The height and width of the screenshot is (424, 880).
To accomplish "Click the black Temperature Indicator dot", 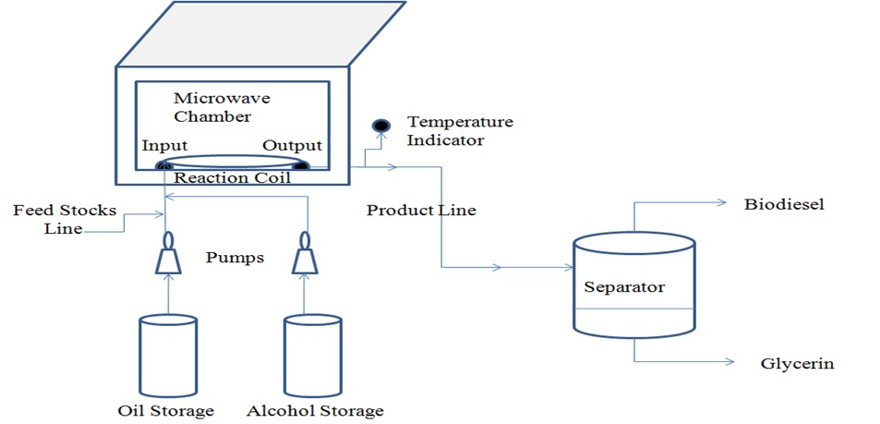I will (x=379, y=126).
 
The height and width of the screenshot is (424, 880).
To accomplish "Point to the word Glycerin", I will (x=796, y=363).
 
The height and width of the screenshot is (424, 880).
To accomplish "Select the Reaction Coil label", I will (x=233, y=178).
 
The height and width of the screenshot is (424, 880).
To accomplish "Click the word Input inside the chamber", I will (x=165, y=146).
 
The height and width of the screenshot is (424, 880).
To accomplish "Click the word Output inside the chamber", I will (x=293, y=146).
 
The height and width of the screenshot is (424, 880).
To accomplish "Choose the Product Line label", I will (x=421, y=211).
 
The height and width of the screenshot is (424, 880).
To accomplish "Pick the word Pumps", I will (x=235, y=258).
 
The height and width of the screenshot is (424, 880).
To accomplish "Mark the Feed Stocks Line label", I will (x=64, y=219).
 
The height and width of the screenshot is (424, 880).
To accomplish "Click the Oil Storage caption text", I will (x=166, y=410).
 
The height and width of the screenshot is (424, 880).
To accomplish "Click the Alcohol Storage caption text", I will (x=314, y=410).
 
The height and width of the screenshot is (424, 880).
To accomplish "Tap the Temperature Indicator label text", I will (x=460, y=130).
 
